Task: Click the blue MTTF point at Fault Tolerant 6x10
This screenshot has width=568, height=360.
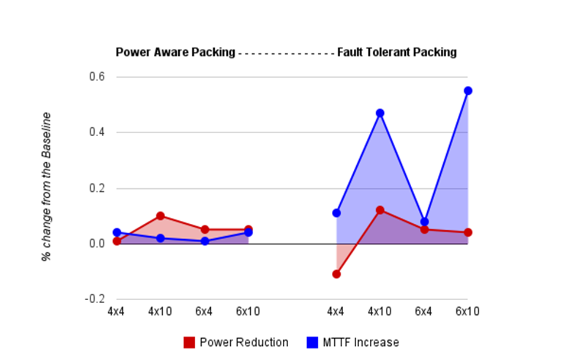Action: (x=467, y=91)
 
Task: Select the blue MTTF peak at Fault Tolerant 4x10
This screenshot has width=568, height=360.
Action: (x=380, y=113)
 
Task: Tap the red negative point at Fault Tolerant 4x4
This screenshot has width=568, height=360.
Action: (x=336, y=274)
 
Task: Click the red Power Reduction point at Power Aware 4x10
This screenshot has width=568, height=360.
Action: (x=160, y=216)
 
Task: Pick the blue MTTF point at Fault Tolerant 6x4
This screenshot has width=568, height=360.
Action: (x=424, y=221)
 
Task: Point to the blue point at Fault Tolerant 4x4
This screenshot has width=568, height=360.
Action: (x=336, y=213)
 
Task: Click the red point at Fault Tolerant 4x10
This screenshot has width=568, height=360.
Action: (x=380, y=210)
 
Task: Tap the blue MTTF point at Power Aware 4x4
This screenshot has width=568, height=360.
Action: (x=117, y=232)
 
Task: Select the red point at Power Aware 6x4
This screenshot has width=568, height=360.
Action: (x=205, y=230)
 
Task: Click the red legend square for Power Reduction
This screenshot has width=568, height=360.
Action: (x=189, y=342)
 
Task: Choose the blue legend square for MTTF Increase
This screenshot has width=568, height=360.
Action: (x=313, y=342)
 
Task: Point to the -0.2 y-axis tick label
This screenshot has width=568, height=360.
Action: (x=95, y=299)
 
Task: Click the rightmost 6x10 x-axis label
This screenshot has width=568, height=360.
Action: (x=467, y=311)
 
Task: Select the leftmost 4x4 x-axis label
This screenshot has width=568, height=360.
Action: (x=117, y=311)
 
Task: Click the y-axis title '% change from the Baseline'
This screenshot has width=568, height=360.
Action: (x=46, y=187)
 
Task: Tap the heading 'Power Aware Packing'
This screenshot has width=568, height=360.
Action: (x=175, y=52)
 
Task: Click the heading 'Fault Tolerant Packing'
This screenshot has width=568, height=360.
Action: (x=397, y=52)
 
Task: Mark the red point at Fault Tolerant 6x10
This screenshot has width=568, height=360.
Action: (x=467, y=233)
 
